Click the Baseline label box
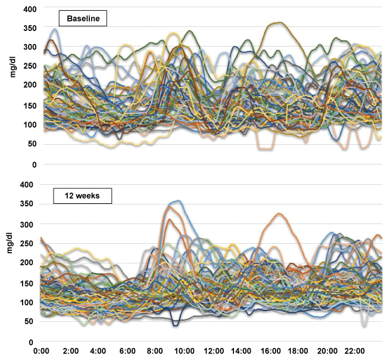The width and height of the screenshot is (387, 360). (83, 18)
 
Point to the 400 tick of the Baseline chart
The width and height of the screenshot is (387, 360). (29, 10)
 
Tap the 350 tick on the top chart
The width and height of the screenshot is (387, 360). (29, 29)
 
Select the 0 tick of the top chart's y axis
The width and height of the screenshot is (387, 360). (34, 165)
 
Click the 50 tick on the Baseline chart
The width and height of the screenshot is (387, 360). (31, 145)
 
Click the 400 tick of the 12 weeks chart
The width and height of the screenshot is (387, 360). (29, 185)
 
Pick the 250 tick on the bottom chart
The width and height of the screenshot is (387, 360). (29, 244)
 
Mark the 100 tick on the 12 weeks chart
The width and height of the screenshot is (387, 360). (29, 303)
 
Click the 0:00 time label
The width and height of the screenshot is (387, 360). (42, 352)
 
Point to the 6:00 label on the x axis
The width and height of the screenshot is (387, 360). (127, 352)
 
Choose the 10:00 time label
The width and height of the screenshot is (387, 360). (184, 352)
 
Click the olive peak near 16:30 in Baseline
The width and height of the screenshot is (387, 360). (279, 23)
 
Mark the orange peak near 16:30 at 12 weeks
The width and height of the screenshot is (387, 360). (279, 213)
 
